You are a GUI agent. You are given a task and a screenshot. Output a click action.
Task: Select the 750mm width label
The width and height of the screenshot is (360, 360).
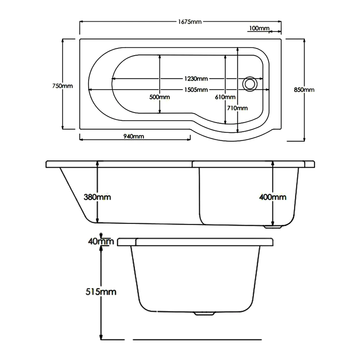tap(63, 86)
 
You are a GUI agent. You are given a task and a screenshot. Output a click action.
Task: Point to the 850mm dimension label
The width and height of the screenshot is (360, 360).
tap(304, 90)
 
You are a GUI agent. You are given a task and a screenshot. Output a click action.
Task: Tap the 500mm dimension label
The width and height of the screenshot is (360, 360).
tap(160, 97)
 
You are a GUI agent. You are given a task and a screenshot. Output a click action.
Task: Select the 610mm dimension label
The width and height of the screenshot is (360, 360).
tap(225, 97)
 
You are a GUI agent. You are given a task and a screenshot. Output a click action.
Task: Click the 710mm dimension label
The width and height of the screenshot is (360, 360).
tap(238, 108)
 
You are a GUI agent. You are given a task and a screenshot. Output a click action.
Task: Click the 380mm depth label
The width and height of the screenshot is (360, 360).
tap(97, 197)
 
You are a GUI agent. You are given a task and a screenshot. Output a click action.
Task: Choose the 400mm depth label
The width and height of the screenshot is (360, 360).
tap(273, 197)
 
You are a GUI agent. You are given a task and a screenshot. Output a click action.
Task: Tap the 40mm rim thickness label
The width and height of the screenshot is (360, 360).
tap(101, 241)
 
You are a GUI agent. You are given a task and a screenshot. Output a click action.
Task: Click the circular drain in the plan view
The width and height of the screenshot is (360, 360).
tap(249, 83)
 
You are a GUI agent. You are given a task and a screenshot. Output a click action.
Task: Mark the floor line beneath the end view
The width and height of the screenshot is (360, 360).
tap(197, 339)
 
